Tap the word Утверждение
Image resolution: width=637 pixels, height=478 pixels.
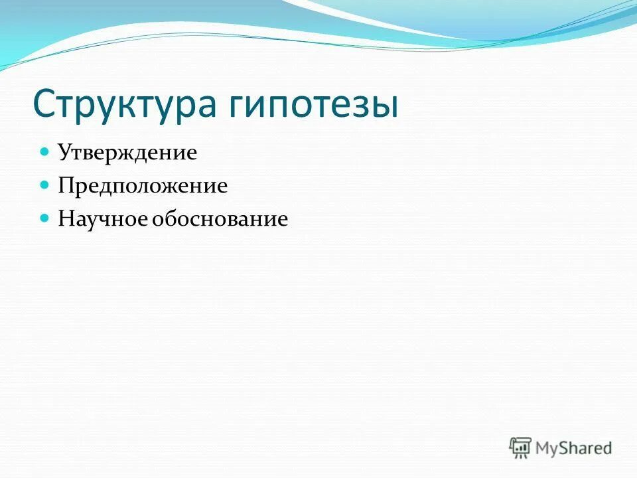click(127, 153)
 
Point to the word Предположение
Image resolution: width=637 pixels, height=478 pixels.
click(143, 186)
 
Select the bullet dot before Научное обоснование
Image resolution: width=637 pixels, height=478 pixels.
click(45, 218)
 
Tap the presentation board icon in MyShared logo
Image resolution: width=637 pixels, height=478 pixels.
click(521, 447)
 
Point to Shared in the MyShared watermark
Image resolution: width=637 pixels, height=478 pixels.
click(587, 447)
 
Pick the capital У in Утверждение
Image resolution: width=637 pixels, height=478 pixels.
click(64, 153)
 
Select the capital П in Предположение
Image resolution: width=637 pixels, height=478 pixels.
click(66, 185)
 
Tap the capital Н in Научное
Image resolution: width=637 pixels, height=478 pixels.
click(66, 218)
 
